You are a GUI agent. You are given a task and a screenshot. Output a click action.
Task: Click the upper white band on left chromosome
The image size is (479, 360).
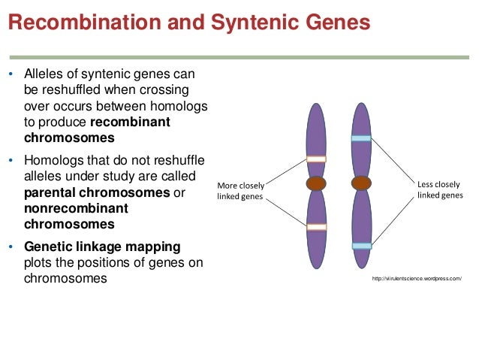[316, 159]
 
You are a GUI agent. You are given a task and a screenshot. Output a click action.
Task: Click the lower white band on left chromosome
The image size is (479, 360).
[316, 227]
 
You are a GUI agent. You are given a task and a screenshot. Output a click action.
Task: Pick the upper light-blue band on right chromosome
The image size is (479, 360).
[362, 138]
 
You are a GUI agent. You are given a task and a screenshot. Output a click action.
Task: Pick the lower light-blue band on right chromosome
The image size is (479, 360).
[362, 246]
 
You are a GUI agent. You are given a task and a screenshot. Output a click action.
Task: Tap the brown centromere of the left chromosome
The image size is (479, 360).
[316, 183]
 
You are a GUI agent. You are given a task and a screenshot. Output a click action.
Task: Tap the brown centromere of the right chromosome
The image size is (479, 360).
[362, 183]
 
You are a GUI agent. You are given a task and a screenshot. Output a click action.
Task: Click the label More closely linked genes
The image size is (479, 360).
[240, 191]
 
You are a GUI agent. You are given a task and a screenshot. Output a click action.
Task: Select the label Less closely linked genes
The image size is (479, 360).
[439, 189]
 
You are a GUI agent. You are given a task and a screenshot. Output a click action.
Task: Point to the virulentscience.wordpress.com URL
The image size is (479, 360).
[416, 279]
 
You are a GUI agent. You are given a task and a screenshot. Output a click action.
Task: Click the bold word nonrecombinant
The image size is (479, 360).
[76, 208]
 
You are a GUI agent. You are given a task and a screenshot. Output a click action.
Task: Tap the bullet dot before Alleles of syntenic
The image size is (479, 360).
[11, 75]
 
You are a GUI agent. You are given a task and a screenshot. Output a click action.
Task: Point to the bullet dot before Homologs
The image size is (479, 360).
[11, 161]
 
